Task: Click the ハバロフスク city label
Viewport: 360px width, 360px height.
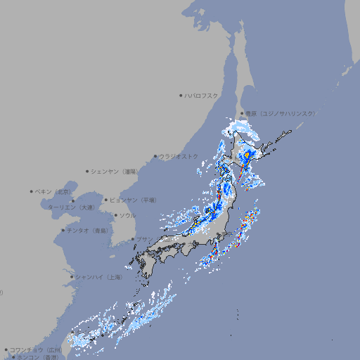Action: click(x=201, y=95)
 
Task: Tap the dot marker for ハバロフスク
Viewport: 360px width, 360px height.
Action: click(x=181, y=95)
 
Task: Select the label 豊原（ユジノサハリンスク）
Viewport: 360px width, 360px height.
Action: click(x=280, y=113)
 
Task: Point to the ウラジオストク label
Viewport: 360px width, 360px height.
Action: click(x=179, y=156)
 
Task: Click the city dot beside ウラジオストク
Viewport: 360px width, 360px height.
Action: click(x=156, y=157)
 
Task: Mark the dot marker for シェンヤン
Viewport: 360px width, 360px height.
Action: click(x=88, y=171)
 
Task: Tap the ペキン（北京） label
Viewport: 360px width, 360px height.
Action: click(x=54, y=191)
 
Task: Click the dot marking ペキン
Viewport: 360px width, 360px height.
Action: click(x=32, y=191)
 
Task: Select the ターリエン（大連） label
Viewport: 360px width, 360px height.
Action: click(x=70, y=207)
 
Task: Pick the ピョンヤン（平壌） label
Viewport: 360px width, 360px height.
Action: click(x=133, y=200)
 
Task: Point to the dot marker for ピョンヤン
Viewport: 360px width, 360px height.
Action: click(x=106, y=200)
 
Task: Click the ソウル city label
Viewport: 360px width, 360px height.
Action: click(x=127, y=215)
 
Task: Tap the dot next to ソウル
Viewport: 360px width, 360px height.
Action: click(x=115, y=215)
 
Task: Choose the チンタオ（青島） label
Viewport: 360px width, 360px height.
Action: click(x=86, y=231)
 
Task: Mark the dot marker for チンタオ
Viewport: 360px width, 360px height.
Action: click(x=63, y=231)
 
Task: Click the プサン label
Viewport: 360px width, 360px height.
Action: click(x=144, y=240)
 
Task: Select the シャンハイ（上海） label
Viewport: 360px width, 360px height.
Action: click(x=98, y=277)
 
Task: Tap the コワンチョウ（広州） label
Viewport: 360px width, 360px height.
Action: click(x=36, y=349)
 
